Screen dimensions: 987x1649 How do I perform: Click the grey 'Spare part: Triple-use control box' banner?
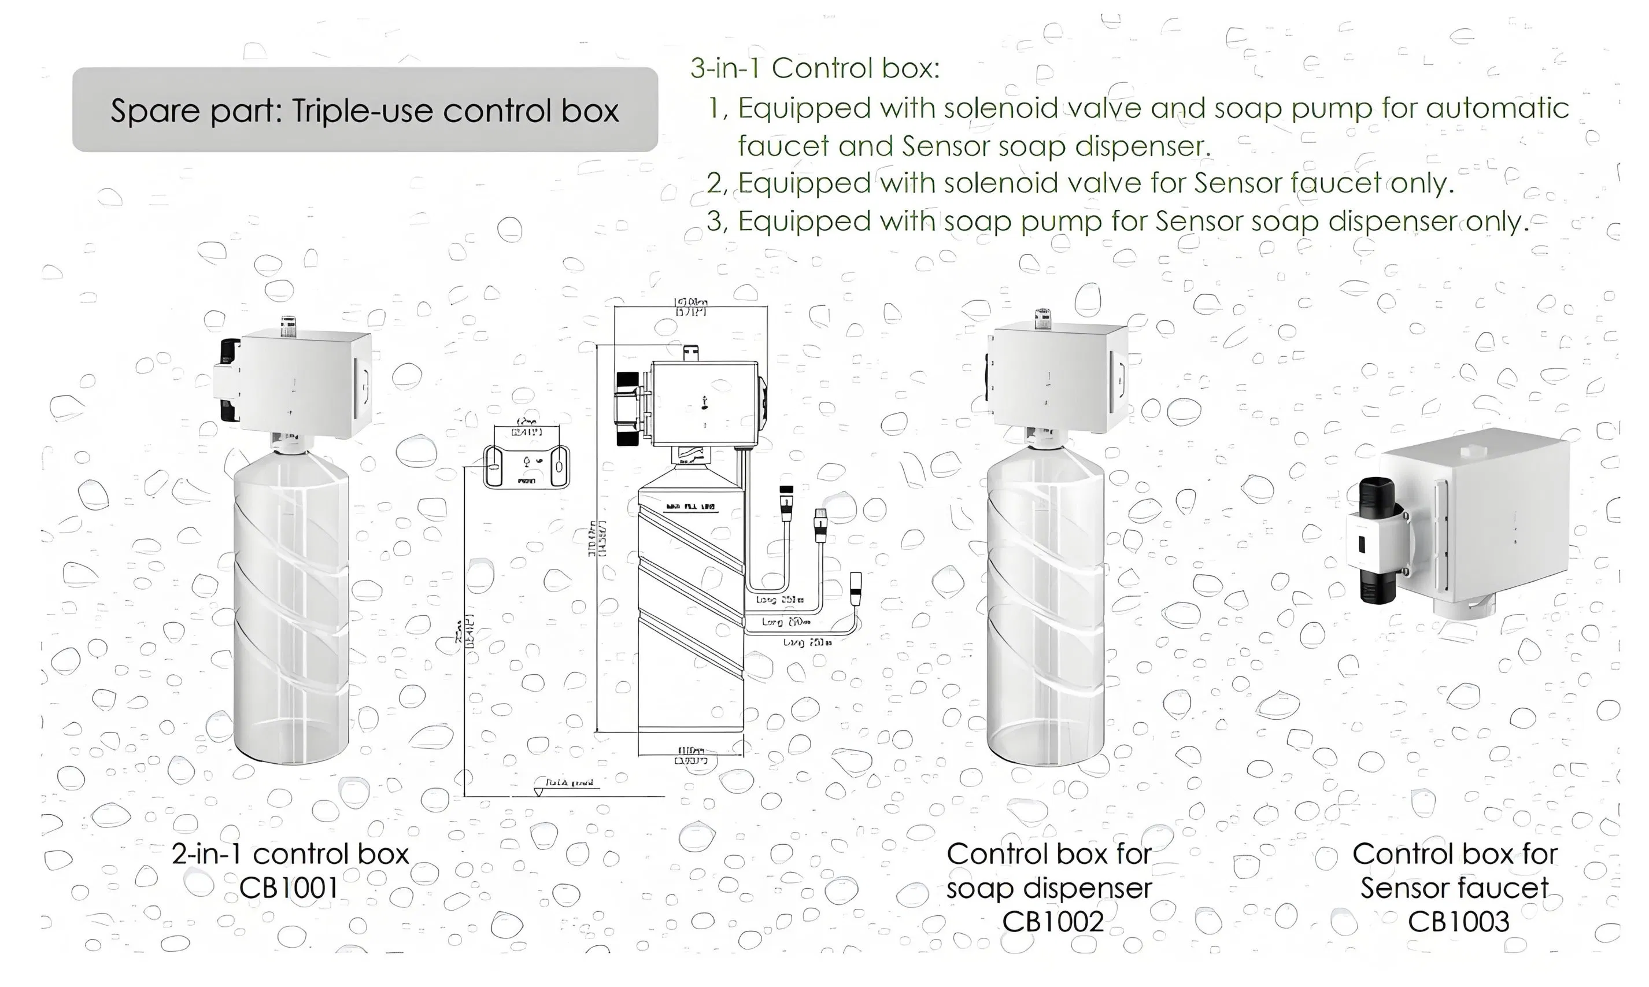click(x=364, y=110)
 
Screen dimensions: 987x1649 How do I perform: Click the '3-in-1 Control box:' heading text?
click(x=815, y=68)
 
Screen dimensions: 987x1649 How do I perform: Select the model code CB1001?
click(x=289, y=888)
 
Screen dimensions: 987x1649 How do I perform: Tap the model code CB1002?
click(x=1052, y=922)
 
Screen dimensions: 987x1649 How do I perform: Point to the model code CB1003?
click(x=1458, y=922)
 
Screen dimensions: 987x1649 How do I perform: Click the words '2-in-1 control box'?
click(x=290, y=854)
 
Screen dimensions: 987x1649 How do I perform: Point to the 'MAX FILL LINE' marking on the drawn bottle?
click(x=690, y=508)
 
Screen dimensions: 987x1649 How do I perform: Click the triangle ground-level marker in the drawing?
click(x=538, y=792)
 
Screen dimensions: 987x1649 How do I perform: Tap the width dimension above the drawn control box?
click(x=690, y=306)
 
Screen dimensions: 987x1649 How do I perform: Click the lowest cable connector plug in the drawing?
click(x=856, y=588)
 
